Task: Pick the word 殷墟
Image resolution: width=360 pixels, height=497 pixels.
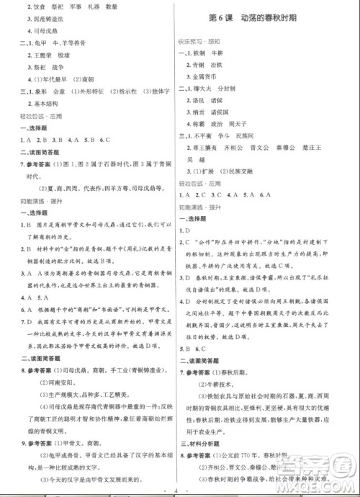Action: [74, 54]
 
